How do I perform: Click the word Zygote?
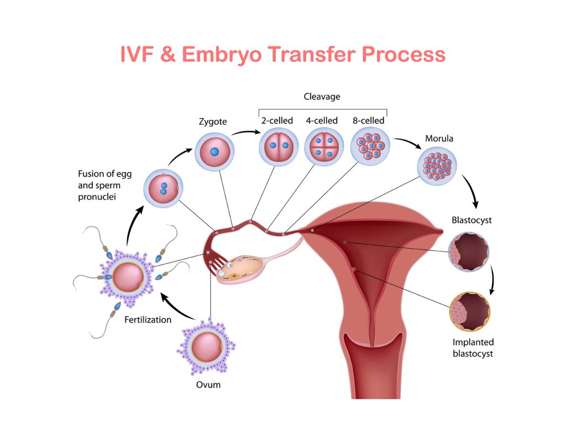coord(212,120)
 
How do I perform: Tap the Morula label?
coord(439,138)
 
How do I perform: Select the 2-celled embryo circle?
coord(279,146)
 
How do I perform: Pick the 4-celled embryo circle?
coord(324,146)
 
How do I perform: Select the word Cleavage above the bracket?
coord(322,97)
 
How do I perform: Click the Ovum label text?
coord(208,384)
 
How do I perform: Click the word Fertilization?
coord(148,319)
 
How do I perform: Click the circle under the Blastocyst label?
coord(469,252)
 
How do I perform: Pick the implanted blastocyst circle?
coord(469,312)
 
